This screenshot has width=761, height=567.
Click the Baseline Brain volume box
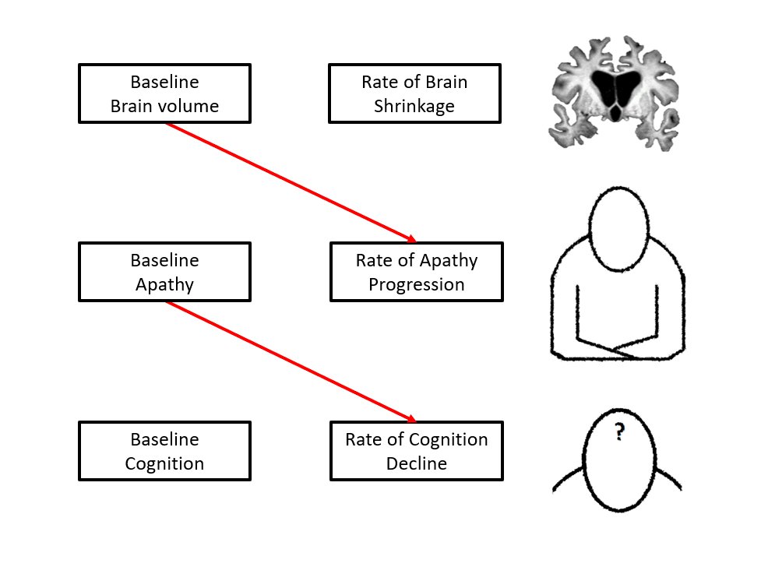(164, 93)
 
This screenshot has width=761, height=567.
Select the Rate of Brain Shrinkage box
(414, 93)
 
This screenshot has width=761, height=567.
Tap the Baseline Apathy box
(164, 272)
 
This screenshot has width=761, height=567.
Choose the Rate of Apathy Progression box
(416, 272)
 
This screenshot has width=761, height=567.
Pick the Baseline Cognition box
(164, 451)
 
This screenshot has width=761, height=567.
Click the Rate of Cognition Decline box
(416, 451)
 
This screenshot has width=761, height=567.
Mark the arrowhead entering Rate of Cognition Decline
(411, 418)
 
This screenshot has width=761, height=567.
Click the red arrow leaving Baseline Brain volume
(288, 181)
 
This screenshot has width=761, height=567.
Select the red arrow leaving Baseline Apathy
(288, 360)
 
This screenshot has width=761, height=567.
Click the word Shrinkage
(414, 107)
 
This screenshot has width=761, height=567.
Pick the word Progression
(416, 284)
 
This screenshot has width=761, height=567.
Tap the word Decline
(416, 464)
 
